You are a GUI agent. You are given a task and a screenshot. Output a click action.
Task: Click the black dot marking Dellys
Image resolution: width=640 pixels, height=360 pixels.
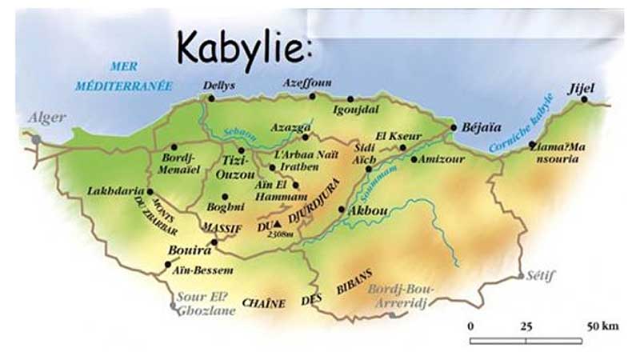click(x=212, y=98)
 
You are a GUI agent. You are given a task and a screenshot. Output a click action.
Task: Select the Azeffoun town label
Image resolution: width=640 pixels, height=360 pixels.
click(x=308, y=82)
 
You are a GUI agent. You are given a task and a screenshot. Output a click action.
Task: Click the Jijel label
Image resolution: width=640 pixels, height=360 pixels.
click(x=582, y=87)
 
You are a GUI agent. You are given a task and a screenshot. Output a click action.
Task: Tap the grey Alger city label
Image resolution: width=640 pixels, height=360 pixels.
click(x=47, y=118)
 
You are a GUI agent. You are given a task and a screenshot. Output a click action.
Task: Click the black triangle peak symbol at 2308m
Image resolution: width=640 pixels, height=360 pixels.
click(x=278, y=225)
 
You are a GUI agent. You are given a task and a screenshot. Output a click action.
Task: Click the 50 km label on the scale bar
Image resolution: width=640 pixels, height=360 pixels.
click(x=599, y=326)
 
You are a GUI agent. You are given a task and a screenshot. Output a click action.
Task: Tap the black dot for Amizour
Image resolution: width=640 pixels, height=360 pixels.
click(x=414, y=159)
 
